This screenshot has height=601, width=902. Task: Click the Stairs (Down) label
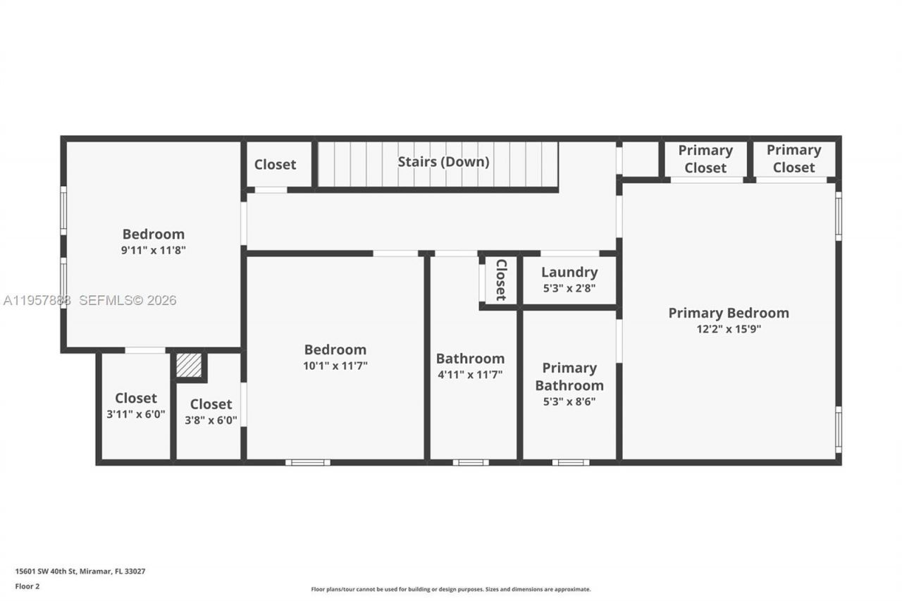coord(443,161)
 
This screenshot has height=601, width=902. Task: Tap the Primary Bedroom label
coord(729,313)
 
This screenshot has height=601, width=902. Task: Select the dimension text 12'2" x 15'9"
coord(729,328)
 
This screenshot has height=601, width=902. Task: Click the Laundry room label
coord(569,272)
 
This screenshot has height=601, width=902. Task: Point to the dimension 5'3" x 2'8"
coord(569,287)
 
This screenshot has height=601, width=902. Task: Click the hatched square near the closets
coord(189,365)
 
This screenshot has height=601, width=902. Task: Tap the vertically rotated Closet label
coord(500,280)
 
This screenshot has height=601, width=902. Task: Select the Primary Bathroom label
coord(569,376)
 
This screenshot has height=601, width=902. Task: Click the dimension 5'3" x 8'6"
coord(569,402)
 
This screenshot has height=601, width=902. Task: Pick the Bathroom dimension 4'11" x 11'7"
coord(470,375)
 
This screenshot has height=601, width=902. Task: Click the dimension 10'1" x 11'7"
coord(335,366)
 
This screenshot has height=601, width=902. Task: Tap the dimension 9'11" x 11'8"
coord(154,250)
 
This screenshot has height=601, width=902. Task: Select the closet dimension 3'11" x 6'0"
coord(136,414)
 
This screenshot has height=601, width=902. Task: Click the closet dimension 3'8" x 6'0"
coord(211,420)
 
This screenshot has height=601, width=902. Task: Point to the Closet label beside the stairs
coord(275,164)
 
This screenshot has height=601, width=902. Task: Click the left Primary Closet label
coord(705,159)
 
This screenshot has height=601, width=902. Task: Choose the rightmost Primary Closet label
coord(793,159)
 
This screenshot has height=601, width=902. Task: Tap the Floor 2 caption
coord(27,585)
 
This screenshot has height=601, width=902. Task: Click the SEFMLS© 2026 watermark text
coord(128,300)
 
